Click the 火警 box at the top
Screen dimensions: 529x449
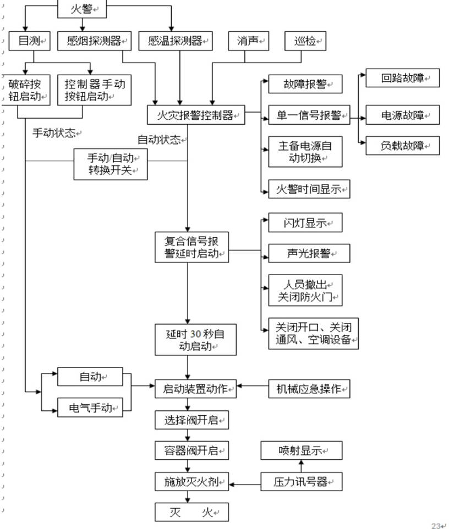click(82, 9)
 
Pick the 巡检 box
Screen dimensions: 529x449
click(305, 41)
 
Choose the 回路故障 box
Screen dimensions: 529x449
click(403, 78)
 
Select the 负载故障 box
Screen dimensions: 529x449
click(403, 146)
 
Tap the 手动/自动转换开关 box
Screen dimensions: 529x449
click(111, 163)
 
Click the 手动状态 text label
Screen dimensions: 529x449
click(56, 133)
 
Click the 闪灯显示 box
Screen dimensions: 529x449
click(305, 223)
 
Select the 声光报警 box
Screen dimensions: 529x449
click(305, 253)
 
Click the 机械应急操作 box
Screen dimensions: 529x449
click(309, 389)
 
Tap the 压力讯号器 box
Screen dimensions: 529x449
click(302, 482)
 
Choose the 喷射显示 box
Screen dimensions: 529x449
click(302, 451)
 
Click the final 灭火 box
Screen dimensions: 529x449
click(190, 513)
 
